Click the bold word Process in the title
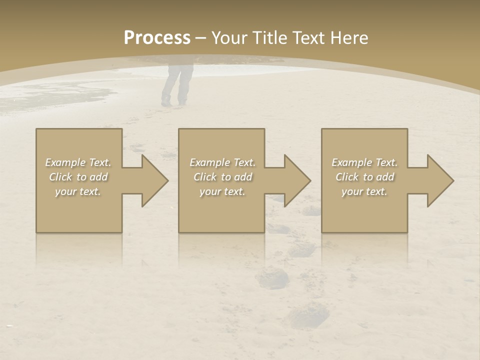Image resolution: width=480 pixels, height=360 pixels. click(157, 38)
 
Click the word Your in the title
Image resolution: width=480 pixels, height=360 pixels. click(229, 38)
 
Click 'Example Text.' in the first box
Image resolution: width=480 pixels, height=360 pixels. click(78, 162)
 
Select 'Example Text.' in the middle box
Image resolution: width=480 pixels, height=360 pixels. click(222, 162)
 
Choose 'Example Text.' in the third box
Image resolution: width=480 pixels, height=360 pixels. click(364, 162)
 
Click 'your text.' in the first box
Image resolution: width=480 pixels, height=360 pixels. click(78, 191)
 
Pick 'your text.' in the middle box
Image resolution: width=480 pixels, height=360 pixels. click(222, 191)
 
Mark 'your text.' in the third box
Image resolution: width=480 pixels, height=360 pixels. click(364, 191)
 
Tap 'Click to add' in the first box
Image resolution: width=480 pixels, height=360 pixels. click(78, 177)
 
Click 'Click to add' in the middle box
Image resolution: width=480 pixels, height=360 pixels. click(222, 177)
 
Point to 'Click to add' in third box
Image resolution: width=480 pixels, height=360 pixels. click(364, 177)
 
